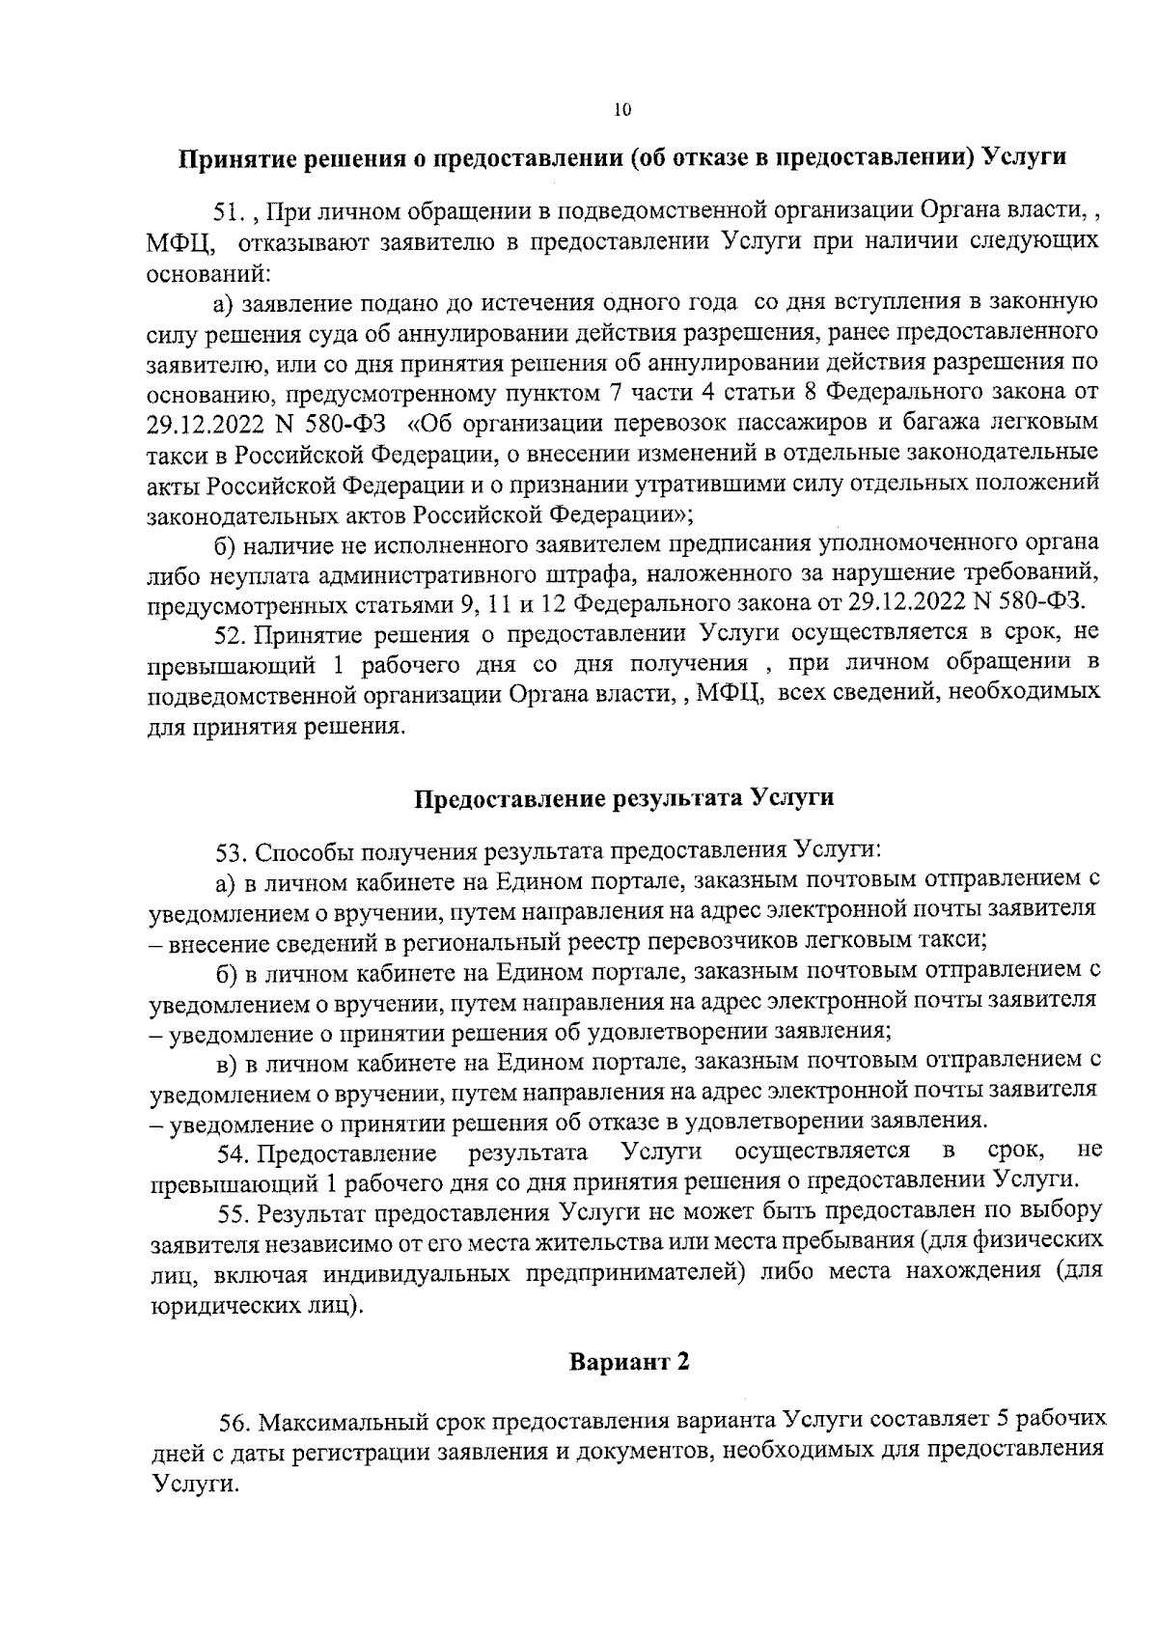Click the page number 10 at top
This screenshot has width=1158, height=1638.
(621, 110)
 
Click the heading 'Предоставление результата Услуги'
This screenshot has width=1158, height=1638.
(623, 798)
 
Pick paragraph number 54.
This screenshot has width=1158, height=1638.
(234, 1152)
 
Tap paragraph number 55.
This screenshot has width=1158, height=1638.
(234, 1211)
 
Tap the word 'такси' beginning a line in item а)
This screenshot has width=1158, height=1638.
(173, 454)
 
